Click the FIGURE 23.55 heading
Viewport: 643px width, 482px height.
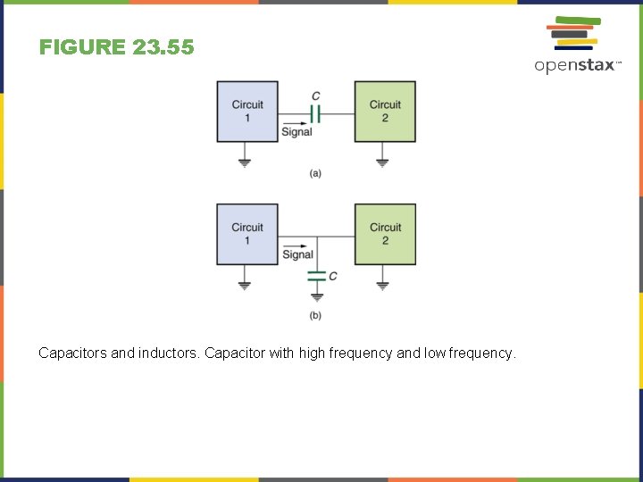pos(116,47)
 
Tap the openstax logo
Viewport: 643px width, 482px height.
pos(577,46)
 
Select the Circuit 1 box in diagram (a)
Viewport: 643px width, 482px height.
pos(247,112)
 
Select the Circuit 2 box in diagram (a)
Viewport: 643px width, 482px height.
pos(385,112)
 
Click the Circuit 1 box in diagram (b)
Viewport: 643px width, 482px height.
pos(247,234)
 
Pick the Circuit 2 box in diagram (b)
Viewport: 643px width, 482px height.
pos(385,234)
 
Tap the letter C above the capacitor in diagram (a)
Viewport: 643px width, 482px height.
pos(315,96)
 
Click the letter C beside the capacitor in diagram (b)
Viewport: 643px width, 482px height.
pos(333,276)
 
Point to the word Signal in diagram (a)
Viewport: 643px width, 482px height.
pos(296,132)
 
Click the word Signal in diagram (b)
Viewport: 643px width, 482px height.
pos(297,254)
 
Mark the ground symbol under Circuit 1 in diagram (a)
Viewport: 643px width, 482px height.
pos(245,162)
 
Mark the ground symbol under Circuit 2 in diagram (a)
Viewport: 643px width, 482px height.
pos(382,162)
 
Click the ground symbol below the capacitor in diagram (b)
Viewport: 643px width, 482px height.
pos(316,296)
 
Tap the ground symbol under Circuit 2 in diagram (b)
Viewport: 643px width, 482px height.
pos(382,286)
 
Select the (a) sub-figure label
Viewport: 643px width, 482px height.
pos(315,173)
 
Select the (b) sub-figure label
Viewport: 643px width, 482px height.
pos(315,315)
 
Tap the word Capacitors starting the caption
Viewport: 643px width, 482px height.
pos(72,353)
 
